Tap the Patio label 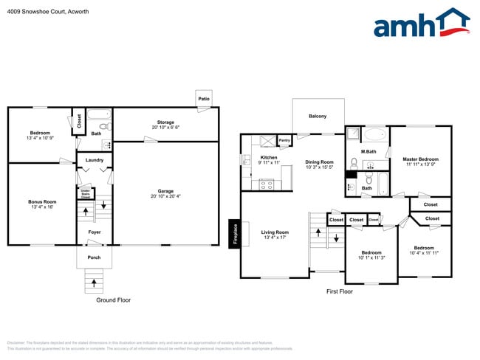coord(203,99)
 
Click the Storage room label coord(165,124)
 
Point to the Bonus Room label coord(41,204)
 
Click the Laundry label coord(95,160)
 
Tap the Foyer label coord(95,232)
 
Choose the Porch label coord(95,257)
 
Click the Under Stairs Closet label coord(86,194)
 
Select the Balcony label coord(318,116)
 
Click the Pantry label coord(284,139)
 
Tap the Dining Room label coord(320,165)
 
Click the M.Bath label coord(368,152)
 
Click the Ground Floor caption coord(113,300)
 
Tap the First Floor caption coord(340,291)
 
